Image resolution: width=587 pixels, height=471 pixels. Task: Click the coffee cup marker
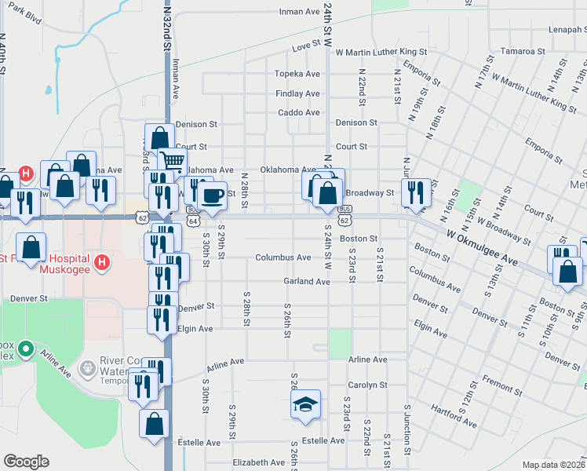click(211, 196)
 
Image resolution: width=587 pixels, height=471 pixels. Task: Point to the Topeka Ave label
click(297, 74)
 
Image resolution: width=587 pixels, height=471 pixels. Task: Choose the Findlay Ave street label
click(297, 93)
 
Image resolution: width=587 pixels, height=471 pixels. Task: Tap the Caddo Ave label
click(299, 112)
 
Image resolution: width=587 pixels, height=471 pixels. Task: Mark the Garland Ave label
click(305, 281)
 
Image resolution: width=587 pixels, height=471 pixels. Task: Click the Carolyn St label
click(368, 385)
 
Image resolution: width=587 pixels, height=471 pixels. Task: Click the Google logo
click(26, 462)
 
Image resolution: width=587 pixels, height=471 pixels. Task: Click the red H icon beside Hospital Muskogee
click(100, 261)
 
